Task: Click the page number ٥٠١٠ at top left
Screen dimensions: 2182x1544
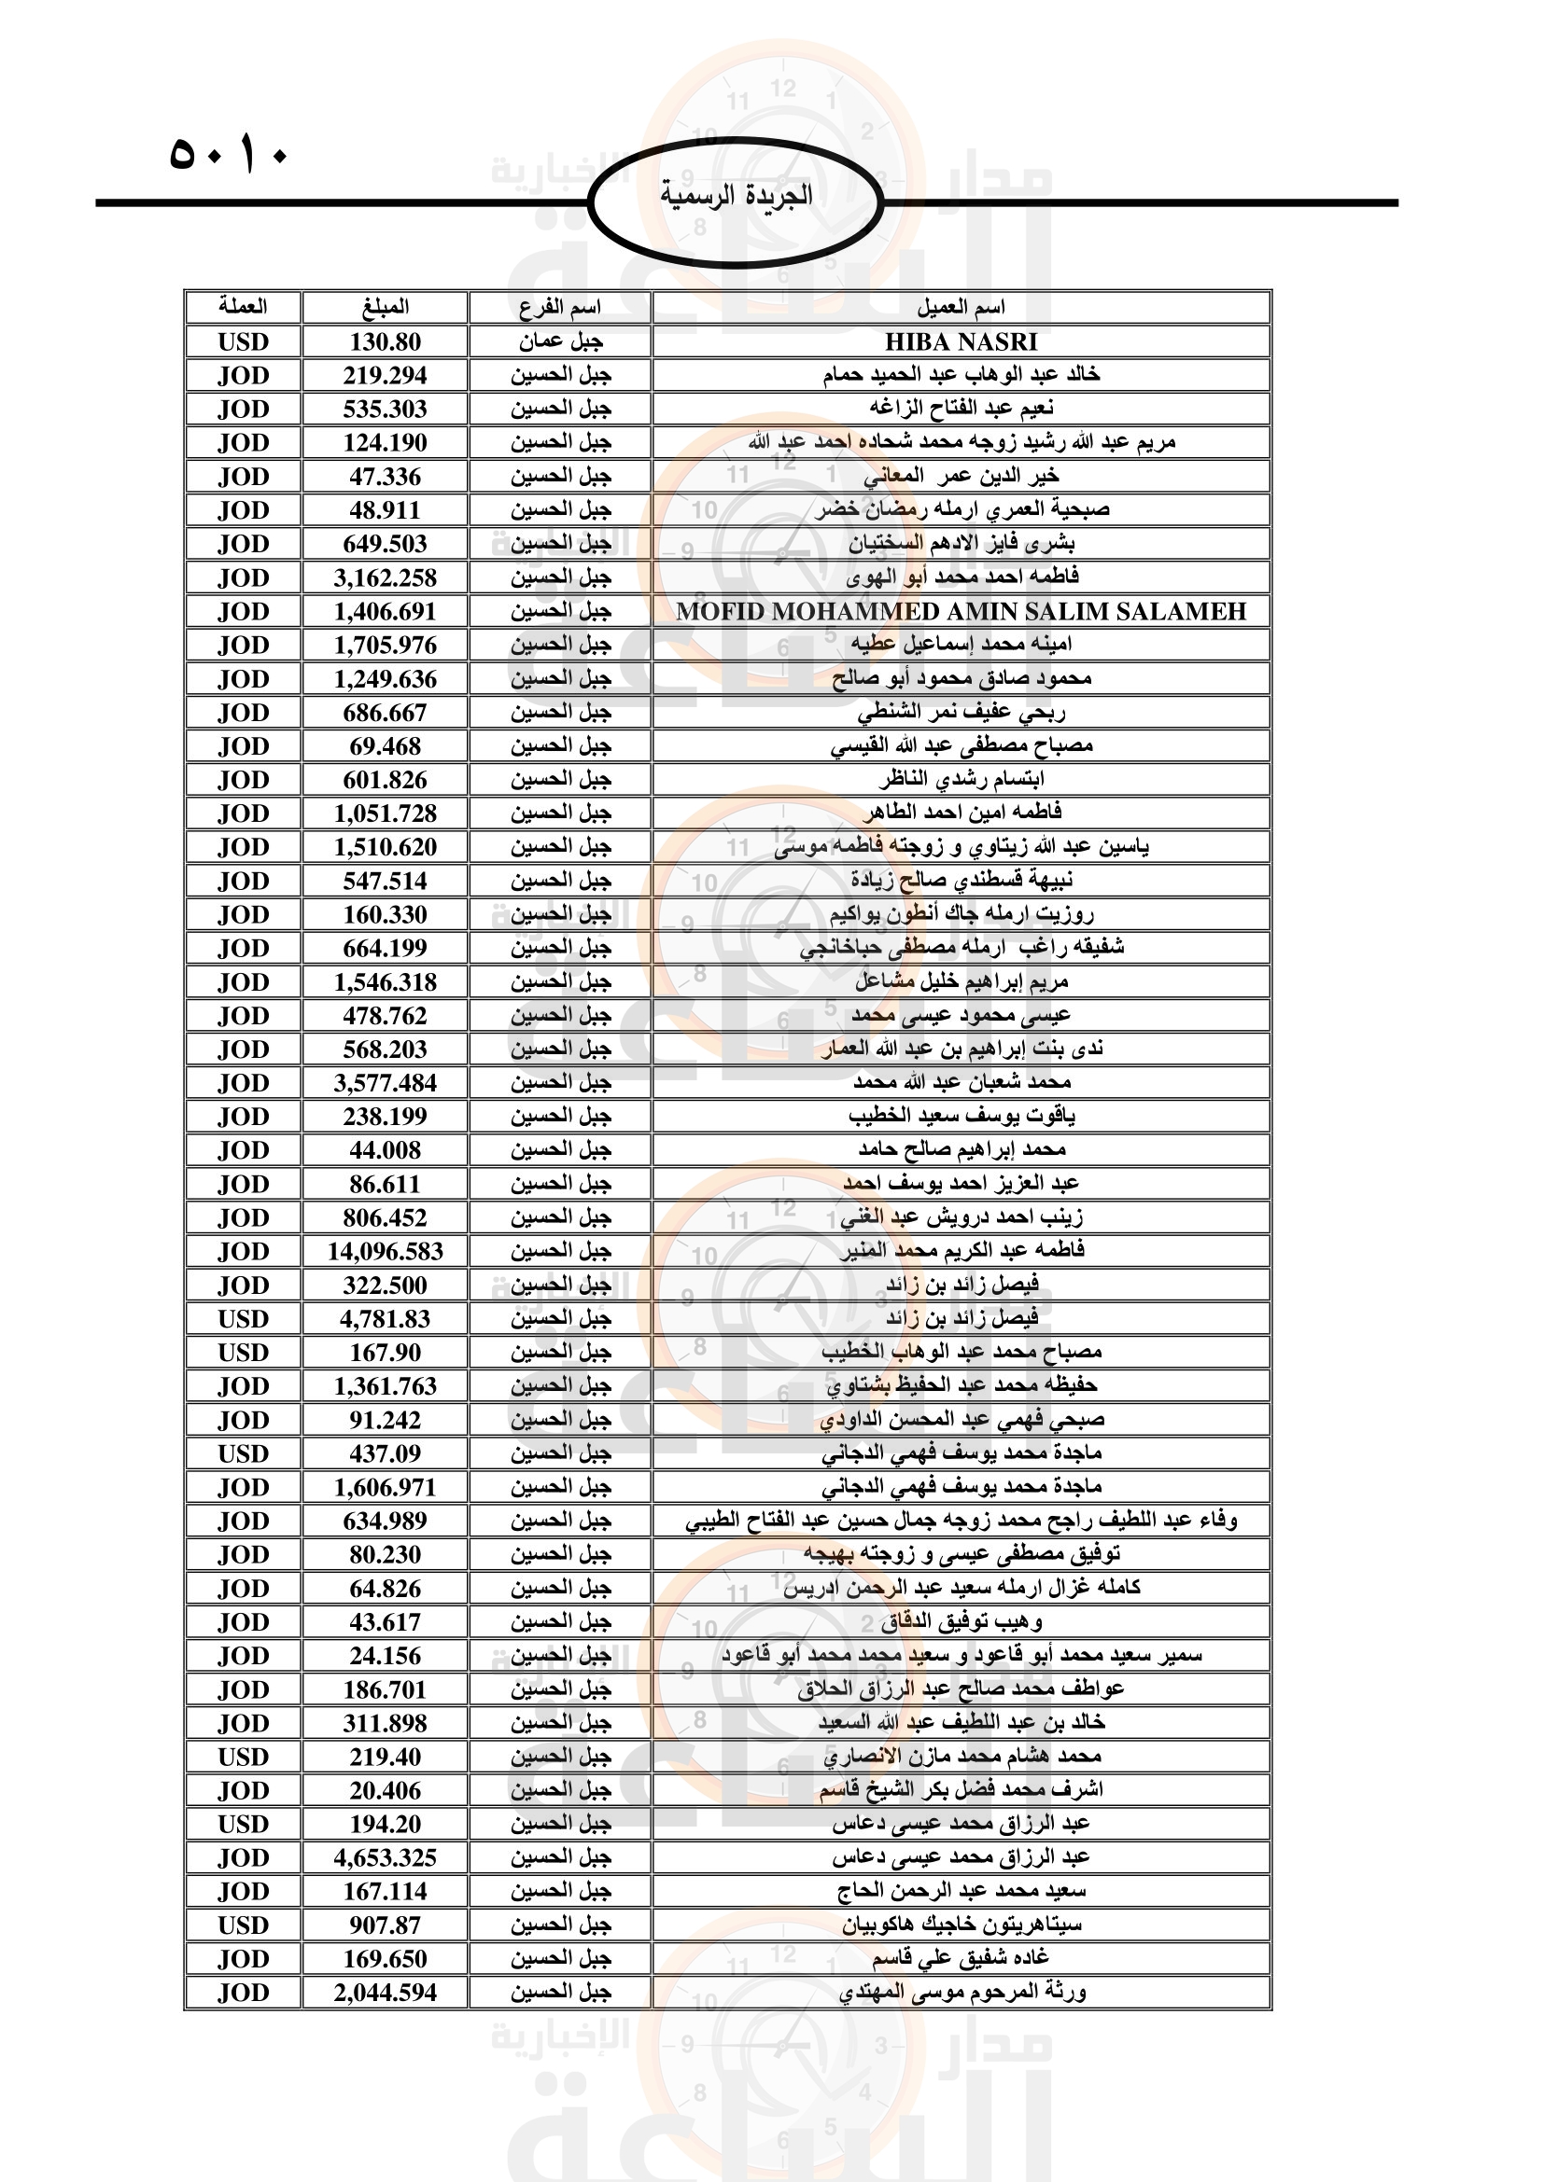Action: point(228,154)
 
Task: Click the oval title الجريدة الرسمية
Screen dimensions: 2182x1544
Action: point(736,196)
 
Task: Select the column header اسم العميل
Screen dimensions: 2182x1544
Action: point(961,307)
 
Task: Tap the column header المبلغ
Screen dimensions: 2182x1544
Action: point(385,307)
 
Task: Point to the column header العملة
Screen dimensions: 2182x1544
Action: point(244,307)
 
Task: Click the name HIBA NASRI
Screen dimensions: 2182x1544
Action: point(961,341)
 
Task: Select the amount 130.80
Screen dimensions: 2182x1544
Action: point(385,341)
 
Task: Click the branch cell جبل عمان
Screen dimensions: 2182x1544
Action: point(560,341)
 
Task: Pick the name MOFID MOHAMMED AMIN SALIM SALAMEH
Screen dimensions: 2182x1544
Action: point(961,611)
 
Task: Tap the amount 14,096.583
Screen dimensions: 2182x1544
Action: point(385,1252)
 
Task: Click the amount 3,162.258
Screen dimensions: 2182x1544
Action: point(385,577)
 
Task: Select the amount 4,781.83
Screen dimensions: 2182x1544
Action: point(385,1319)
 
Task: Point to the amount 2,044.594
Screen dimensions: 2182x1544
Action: point(385,1993)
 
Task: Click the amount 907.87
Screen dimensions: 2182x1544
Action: point(385,1925)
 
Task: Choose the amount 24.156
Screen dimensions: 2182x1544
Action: point(385,1656)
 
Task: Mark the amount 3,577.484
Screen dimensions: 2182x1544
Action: point(385,1083)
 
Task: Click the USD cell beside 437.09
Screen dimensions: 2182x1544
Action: point(244,1453)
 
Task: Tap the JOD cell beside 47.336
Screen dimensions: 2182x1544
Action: point(244,476)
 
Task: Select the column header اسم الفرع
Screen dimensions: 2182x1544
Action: point(560,307)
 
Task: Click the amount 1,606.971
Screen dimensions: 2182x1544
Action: point(385,1487)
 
